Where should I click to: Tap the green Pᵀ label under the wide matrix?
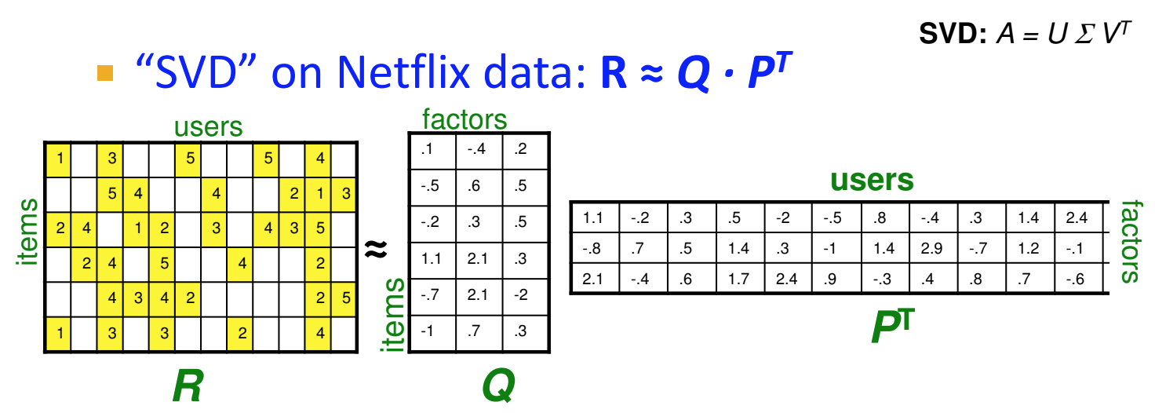coord(893,328)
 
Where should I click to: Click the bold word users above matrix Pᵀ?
coord(872,180)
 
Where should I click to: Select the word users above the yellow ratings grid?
coord(208,127)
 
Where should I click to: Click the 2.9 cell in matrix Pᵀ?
coord(933,249)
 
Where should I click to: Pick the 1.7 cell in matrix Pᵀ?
coord(739,278)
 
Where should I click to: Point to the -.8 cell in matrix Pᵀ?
coord(593,249)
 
